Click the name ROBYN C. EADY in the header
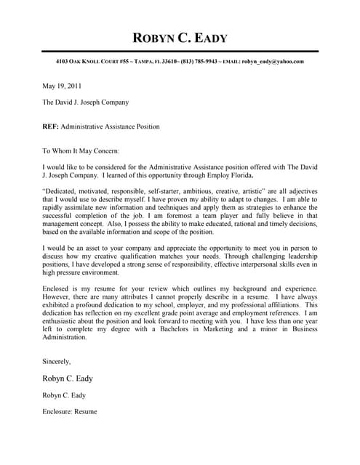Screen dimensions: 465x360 (x=180, y=39)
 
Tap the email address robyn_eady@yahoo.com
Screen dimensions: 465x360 (x=273, y=62)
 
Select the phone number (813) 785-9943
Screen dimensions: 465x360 (x=199, y=62)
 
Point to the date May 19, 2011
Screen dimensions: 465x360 (x=64, y=85)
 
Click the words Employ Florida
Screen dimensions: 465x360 (x=231, y=175)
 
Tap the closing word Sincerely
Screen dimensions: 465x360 (x=57, y=360)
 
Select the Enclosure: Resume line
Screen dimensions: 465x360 (x=70, y=412)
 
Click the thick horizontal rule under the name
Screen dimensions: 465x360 (x=180, y=52)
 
